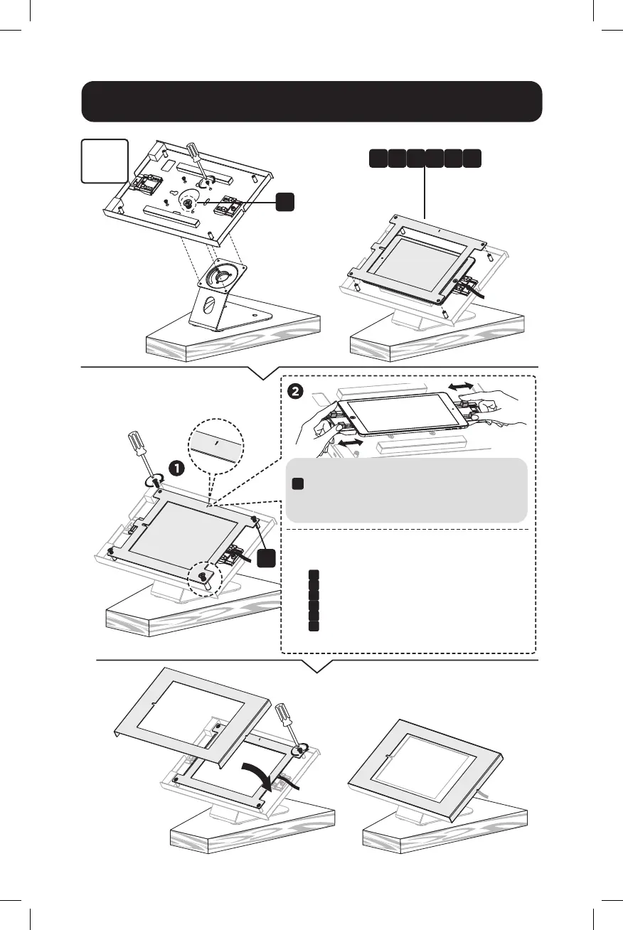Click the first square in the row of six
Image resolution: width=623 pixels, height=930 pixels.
click(378, 158)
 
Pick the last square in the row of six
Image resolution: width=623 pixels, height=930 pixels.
click(471, 158)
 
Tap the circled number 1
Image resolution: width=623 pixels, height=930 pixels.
click(176, 467)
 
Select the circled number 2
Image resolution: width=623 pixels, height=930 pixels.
click(295, 392)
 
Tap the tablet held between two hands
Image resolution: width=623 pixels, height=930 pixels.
click(403, 415)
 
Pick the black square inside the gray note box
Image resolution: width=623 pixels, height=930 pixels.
click(299, 484)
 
